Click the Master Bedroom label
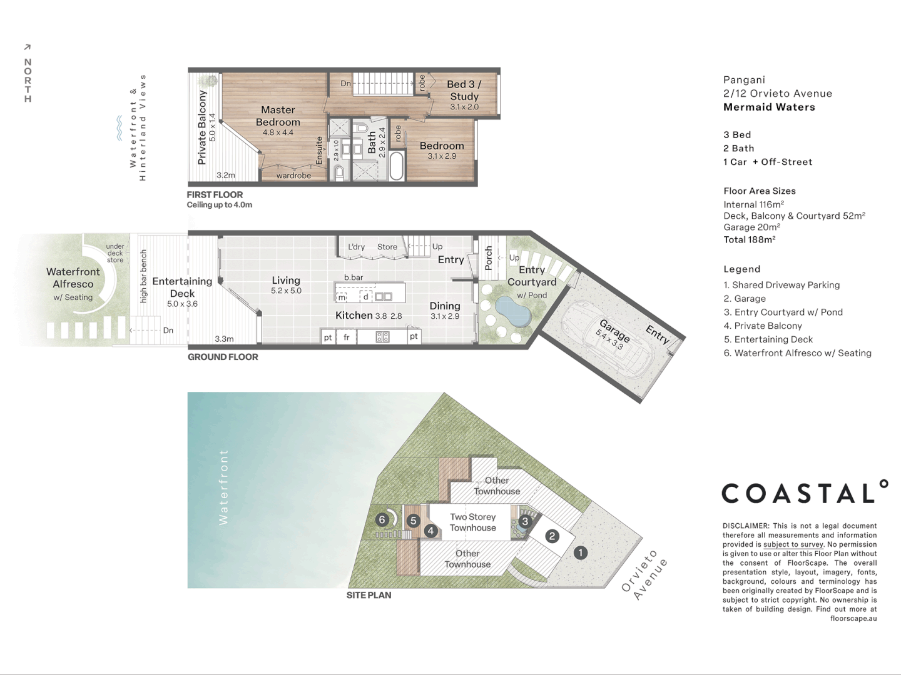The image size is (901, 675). coord(278,116)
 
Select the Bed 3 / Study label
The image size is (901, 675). coord(464,90)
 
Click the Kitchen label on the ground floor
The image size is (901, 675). coord(354,316)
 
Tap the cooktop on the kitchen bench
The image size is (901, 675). coord(382,337)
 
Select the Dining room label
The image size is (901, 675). coord(445,306)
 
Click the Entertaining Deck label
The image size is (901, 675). coord(182,287)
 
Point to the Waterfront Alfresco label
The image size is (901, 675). coord(73,278)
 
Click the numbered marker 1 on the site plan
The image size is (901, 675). coord(580,552)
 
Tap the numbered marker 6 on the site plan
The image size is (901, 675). coord(382,519)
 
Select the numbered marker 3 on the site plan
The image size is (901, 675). coord(524,521)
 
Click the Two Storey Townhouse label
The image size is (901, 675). coord(473,522)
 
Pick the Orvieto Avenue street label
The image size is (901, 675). coord(644,575)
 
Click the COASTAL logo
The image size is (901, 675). coord(805,493)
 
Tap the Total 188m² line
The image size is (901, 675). coord(750,239)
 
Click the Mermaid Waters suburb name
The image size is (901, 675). coord(769,107)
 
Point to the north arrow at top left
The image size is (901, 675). coord(27,47)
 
